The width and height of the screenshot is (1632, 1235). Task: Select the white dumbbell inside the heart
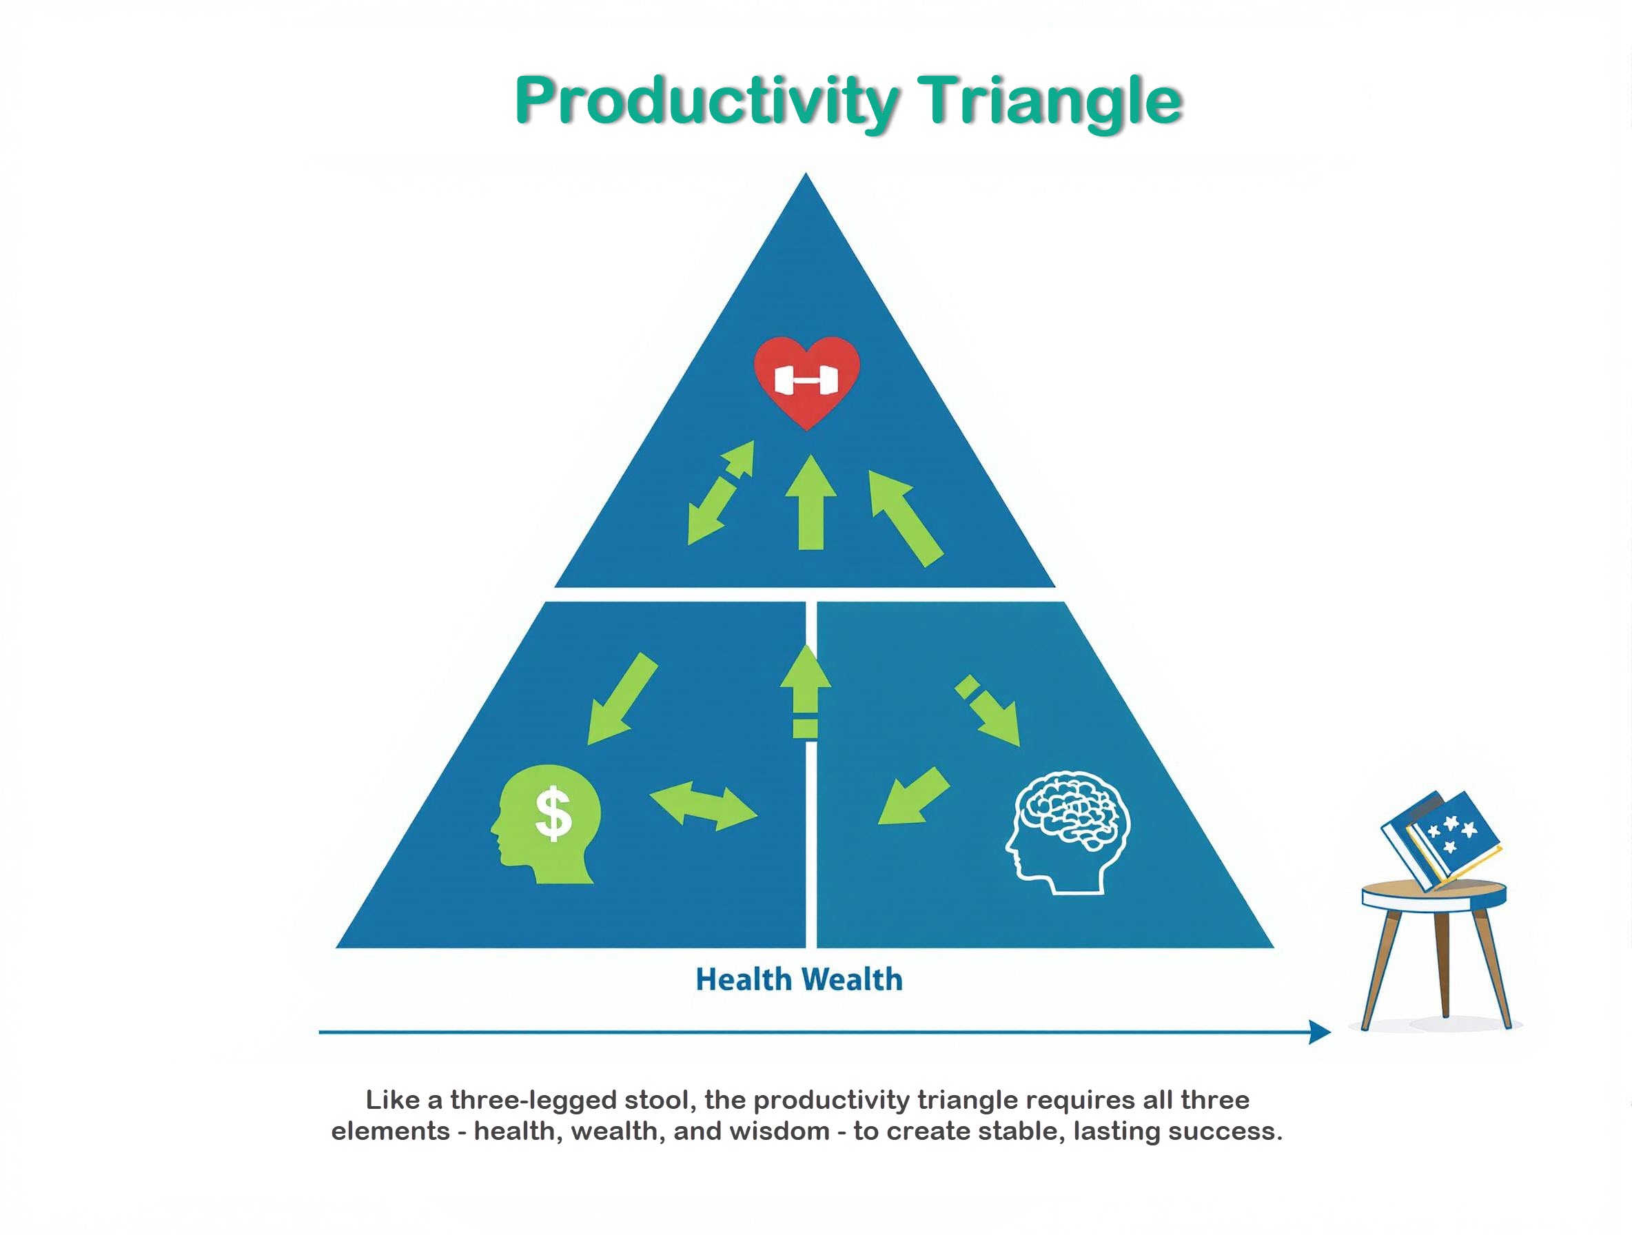(806, 380)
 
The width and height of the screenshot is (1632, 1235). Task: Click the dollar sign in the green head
(553, 814)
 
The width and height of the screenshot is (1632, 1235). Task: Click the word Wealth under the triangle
(852, 980)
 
